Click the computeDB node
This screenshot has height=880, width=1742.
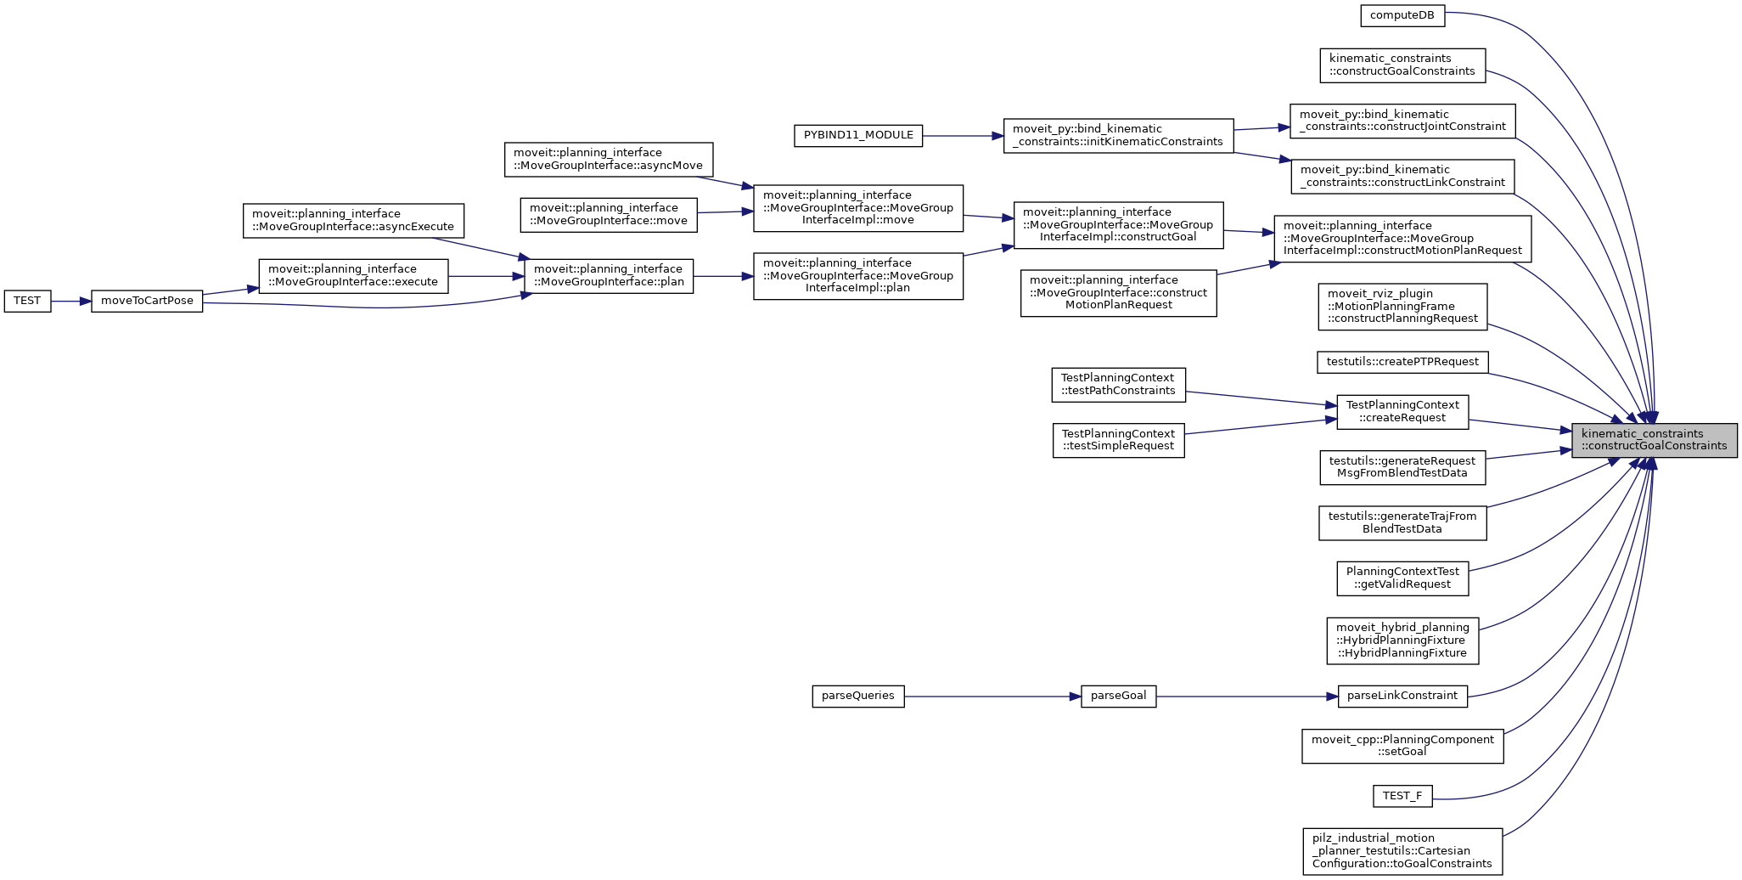[1402, 15]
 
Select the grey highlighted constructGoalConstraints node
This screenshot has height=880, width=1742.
[1654, 440]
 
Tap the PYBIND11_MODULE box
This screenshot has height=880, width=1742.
[857, 135]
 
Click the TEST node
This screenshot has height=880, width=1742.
[27, 301]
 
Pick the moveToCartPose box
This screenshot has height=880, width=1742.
[147, 301]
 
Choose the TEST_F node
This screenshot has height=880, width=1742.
[1402, 796]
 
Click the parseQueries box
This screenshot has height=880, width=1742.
[857, 696]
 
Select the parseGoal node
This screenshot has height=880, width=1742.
[1118, 696]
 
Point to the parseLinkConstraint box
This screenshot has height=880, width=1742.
[1402, 696]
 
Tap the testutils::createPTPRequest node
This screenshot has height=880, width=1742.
[1402, 362]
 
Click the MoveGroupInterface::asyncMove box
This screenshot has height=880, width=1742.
[608, 160]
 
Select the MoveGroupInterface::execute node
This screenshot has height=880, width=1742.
[353, 276]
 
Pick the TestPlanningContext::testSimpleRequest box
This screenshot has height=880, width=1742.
[1118, 440]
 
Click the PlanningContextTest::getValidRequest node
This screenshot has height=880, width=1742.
[1402, 578]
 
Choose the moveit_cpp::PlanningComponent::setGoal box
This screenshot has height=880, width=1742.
[1402, 746]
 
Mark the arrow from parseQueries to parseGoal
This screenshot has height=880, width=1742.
[992, 697]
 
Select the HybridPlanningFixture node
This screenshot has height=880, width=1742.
[1402, 640]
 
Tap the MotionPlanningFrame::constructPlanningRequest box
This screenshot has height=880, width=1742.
[1402, 307]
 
